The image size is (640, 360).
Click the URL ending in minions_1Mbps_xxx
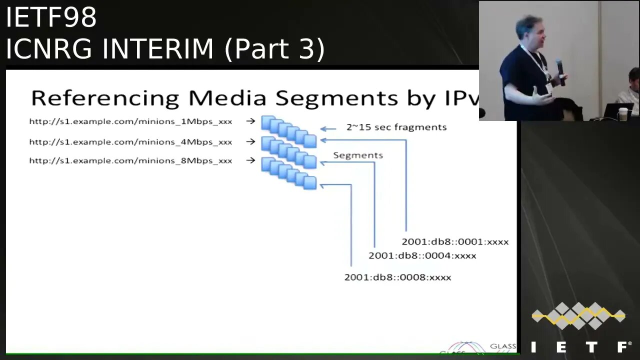[130, 121]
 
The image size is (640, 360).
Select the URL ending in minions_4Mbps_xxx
[130, 142]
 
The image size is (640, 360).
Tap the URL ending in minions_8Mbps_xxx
[130, 160]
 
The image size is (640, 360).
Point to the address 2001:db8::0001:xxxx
[455, 242]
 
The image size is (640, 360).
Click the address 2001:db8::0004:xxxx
[422, 256]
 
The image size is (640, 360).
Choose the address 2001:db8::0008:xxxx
[397, 277]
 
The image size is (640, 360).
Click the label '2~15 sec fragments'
[396, 127]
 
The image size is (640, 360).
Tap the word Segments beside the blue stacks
[358, 155]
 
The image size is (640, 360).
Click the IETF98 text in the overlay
[51, 17]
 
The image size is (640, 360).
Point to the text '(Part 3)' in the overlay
[275, 49]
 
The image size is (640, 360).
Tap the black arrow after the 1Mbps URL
[250, 121]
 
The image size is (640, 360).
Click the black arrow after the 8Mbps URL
[250, 160]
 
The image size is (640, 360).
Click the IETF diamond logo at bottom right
[578, 316]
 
